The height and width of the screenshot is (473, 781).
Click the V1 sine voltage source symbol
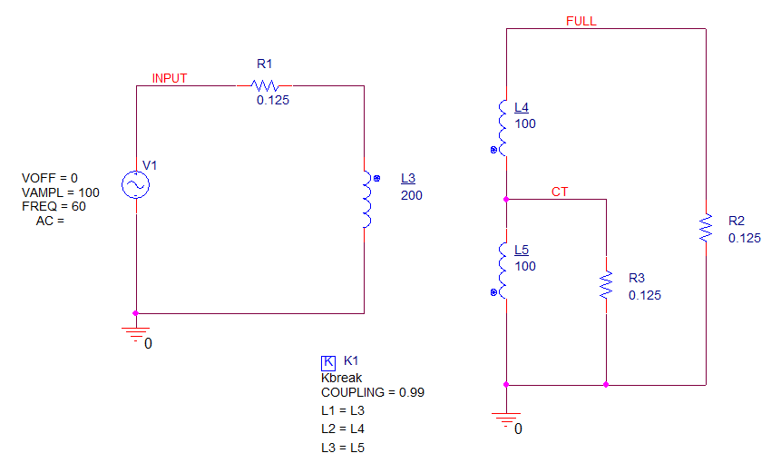point(135,185)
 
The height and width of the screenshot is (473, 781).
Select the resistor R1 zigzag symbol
point(265,85)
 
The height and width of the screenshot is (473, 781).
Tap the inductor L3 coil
point(367,200)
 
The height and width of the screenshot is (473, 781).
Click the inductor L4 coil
point(503,128)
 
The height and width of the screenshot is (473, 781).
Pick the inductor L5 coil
point(503,271)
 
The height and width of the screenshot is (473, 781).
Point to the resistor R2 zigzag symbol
point(706,228)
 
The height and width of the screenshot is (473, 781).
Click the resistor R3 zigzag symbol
point(606,285)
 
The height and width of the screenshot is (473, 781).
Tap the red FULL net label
point(581,21)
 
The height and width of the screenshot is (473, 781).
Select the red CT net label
point(560,192)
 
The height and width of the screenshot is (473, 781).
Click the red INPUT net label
point(170,78)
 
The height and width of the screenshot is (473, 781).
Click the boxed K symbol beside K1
point(328,362)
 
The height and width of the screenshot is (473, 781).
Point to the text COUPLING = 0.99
point(373,393)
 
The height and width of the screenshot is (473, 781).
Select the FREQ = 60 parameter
point(54,206)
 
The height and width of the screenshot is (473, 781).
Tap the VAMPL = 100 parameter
point(60,192)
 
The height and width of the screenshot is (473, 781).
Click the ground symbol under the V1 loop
point(135,334)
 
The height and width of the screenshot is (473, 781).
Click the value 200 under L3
point(412,195)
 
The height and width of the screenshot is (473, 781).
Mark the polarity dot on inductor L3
point(377,178)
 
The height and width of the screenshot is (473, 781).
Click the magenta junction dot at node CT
point(506,200)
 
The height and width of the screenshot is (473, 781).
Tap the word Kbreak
point(342,378)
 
